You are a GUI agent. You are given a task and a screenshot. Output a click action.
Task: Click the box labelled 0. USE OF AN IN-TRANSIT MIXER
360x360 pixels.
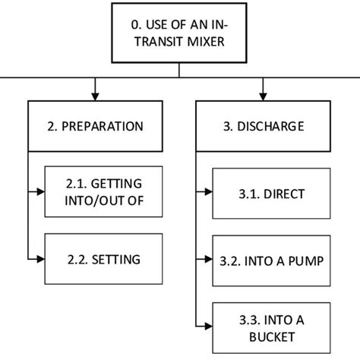pos(179,33)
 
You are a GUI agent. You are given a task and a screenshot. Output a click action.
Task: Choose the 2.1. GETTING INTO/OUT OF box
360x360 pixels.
pos(103,193)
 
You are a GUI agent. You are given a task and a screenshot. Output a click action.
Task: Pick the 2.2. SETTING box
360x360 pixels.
pos(103,260)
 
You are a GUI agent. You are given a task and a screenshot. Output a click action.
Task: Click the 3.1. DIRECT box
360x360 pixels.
pos(271,194)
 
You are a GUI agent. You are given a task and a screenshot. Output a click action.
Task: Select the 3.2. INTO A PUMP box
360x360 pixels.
pos(271,261)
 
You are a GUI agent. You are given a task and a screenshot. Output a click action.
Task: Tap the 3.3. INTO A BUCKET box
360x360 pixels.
pos(271,327)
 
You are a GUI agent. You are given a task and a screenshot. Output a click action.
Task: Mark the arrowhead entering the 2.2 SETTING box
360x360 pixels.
pos(39,260)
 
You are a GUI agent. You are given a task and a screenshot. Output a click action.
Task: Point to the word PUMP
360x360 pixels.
pos(307,261)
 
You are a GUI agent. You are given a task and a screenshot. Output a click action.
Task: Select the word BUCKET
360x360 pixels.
pos(271,336)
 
